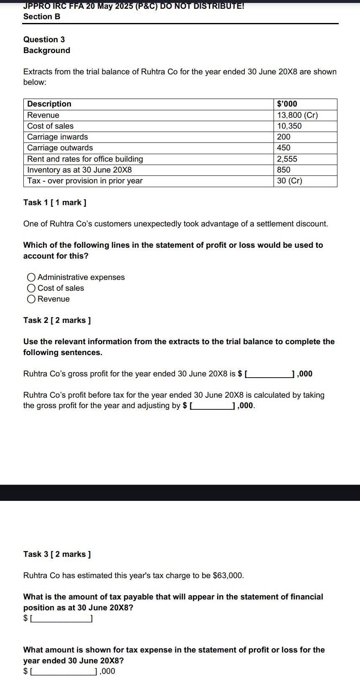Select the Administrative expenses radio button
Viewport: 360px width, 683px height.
point(31,277)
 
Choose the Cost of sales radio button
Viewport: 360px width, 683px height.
point(31,288)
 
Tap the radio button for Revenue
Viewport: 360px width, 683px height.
point(31,299)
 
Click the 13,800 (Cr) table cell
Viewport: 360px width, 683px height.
point(297,115)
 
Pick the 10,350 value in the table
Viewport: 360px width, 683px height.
point(289,126)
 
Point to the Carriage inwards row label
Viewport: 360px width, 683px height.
point(58,137)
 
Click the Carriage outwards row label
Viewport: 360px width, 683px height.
point(60,148)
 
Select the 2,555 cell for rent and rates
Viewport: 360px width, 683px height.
point(287,159)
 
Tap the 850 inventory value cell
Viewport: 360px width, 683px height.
point(284,170)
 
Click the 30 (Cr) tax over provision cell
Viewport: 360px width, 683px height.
point(289,181)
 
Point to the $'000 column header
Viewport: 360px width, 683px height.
point(287,104)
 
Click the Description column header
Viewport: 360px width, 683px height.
point(49,104)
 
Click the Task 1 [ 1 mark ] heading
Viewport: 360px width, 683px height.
point(55,203)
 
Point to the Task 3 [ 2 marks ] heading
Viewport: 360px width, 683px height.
point(57,554)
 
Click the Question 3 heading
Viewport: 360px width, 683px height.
point(44,40)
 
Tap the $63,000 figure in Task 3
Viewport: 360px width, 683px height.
point(228,576)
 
